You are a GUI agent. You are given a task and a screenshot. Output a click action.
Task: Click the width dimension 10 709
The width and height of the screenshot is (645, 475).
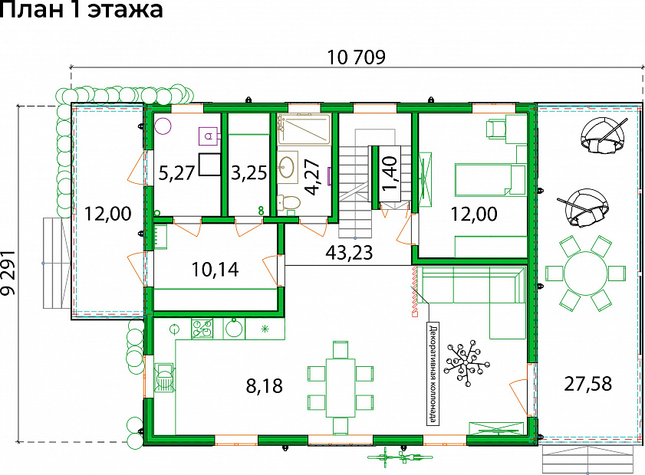(356, 57)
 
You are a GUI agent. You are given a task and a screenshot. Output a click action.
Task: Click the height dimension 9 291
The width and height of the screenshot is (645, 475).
(8, 274)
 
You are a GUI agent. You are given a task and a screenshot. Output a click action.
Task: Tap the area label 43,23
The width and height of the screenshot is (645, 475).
(349, 252)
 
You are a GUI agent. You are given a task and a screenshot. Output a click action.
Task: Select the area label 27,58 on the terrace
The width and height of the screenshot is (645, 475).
(587, 384)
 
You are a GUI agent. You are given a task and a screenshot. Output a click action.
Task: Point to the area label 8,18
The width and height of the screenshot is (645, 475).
(264, 386)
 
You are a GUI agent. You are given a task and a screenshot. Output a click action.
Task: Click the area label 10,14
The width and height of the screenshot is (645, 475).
(216, 270)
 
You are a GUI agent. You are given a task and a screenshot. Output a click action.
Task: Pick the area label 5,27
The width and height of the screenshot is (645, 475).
(176, 173)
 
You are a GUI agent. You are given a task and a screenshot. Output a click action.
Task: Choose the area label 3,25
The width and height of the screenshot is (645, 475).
(249, 173)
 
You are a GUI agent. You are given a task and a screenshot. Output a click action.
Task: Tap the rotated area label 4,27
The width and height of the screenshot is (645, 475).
(313, 177)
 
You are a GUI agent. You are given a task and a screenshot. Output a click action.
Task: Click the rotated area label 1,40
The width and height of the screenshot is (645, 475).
(389, 173)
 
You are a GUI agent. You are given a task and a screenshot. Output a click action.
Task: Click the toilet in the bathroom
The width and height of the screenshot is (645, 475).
(289, 202)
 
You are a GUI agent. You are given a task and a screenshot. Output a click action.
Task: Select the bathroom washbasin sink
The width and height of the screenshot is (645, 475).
(288, 167)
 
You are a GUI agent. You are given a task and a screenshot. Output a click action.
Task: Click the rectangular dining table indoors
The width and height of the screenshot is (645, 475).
(341, 388)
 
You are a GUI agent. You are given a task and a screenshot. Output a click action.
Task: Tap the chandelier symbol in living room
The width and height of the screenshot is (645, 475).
(467, 362)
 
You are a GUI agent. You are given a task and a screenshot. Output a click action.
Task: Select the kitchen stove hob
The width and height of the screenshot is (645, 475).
(202, 329)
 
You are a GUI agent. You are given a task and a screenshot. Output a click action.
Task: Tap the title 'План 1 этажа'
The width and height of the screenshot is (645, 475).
(82, 9)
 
